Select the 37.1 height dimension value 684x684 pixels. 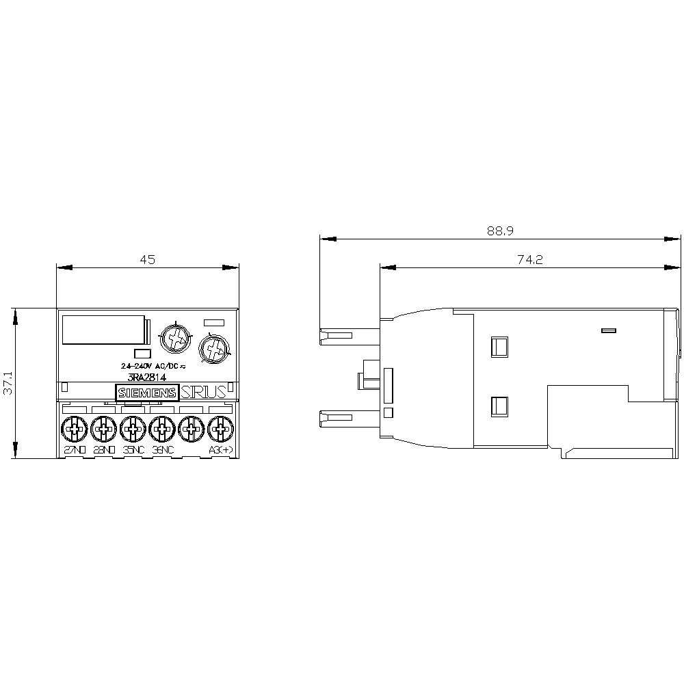(x=7, y=384)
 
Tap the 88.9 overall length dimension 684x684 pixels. (x=500, y=231)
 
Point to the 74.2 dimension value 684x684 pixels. (x=529, y=259)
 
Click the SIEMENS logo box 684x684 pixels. (x=147, y=393)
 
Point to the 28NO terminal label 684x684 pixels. (x=103, y=450)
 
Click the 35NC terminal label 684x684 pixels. (x=133, y=450)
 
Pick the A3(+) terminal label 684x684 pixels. (x=220, y=450)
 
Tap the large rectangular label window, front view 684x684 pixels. (x=103, y=330)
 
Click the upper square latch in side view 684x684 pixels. (x=499, y=347)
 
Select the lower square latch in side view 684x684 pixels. (x=499, y=408)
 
